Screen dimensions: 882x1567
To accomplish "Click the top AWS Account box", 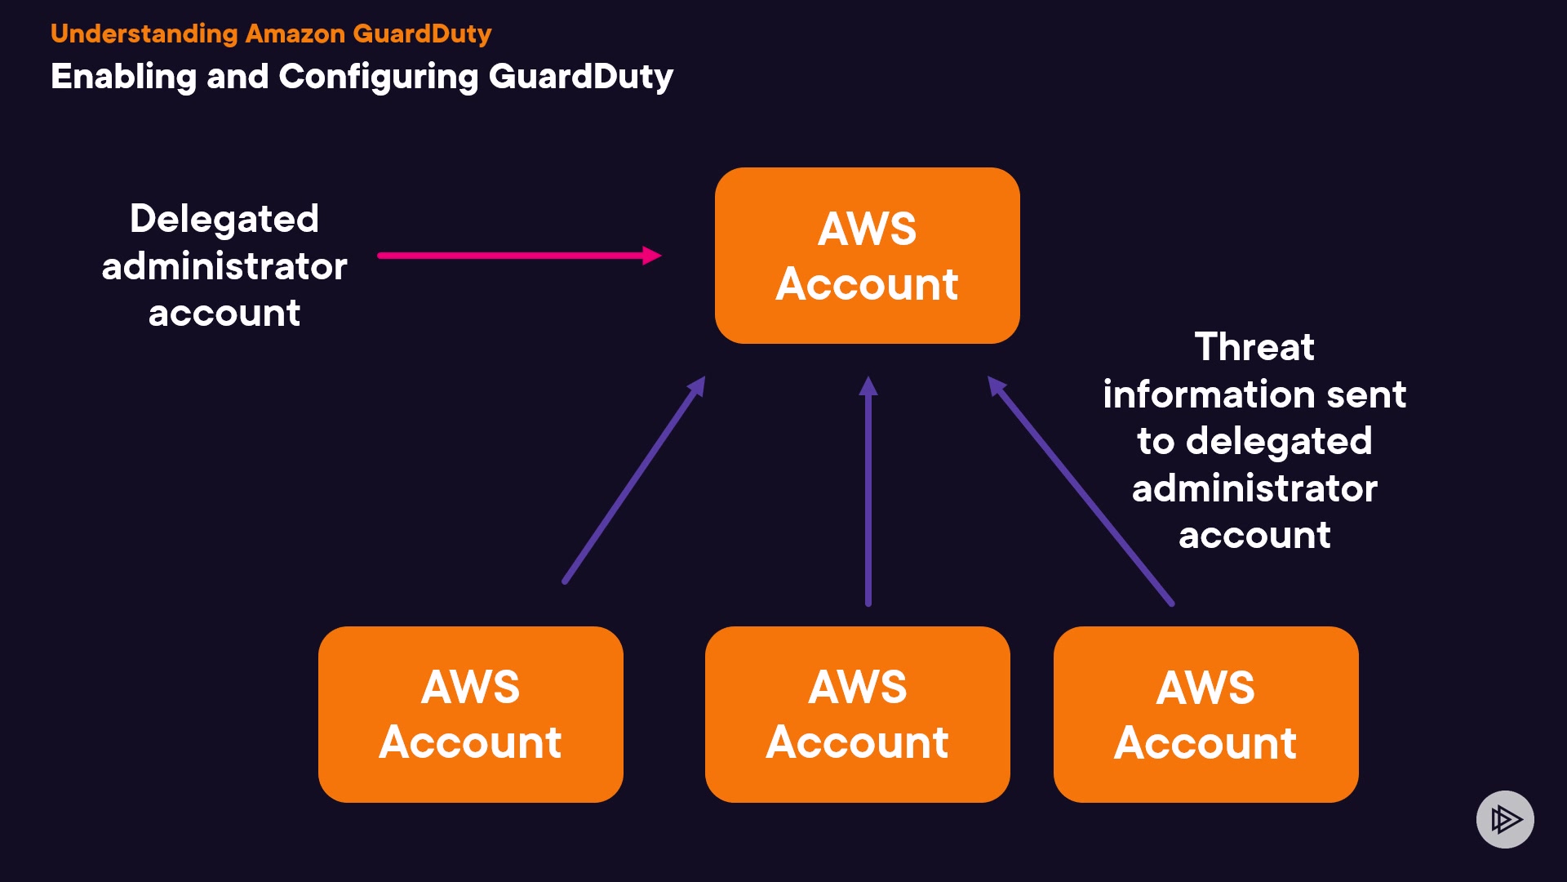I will click(x=867, y=256).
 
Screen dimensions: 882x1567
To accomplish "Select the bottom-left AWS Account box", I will click(x=470, y=715).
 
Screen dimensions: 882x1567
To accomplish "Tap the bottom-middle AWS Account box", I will click(x=857, y=715).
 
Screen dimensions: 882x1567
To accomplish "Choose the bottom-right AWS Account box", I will click(x=1205, y=715).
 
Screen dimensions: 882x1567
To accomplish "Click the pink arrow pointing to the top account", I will click(x=506, y=256).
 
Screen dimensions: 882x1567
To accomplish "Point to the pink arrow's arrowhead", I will click(x=651, y=256).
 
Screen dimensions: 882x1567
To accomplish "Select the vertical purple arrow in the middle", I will click(x=868, y=498).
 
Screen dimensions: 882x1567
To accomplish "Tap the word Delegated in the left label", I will click(x=224, y=219).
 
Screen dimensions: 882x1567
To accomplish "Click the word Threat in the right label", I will click(x=1254, y=347).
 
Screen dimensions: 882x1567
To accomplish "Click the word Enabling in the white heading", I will click(x=123, y=77).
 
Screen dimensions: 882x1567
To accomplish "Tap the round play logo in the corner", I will click(x=1505, y=819).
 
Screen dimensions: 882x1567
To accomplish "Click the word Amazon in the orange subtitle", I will click(x=295, y=33).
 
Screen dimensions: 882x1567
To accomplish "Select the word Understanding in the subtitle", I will click(x=144, y=33).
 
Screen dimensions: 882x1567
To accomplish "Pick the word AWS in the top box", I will click(x=867, y=229).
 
